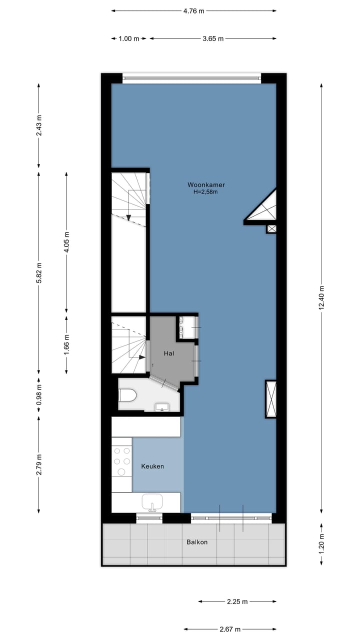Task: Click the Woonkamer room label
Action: click(206, 184)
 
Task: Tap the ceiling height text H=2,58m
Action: click(206, 191)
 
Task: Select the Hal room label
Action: click(169, 353)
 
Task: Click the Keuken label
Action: click(152, 466)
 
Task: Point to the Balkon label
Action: click(197, 542)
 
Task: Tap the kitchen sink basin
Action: click(152, 500)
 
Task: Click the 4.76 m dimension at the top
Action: click(193, 10)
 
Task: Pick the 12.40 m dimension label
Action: click(321, 298)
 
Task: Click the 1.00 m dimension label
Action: click(129, 38)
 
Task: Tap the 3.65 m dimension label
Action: click(213, 38)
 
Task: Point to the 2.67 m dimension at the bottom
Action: click(230, 629)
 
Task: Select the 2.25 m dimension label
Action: click(237, 601)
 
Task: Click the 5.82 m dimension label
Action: click(39, 272)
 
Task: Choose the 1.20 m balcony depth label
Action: click(321, 544)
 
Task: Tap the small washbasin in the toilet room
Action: click(162, 407)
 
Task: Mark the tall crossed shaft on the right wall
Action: click(270, 398)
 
